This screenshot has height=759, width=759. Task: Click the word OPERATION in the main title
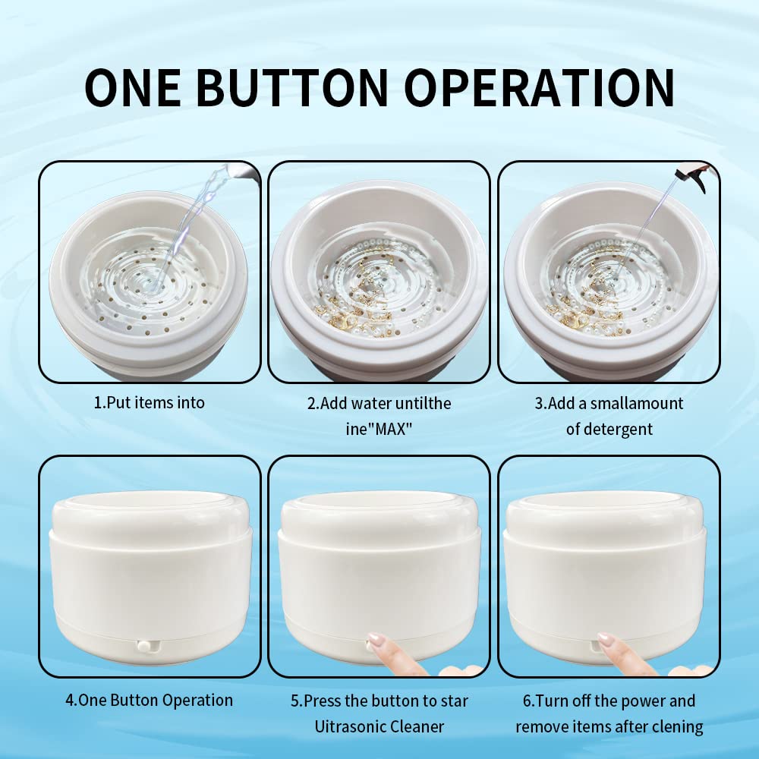coord(540,88)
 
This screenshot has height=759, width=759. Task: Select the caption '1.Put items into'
coord(149,402)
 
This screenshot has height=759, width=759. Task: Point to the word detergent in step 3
coord(609,429)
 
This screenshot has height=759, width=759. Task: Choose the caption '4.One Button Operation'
coord(149,700)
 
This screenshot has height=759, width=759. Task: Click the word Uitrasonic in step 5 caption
coord(345,726)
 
